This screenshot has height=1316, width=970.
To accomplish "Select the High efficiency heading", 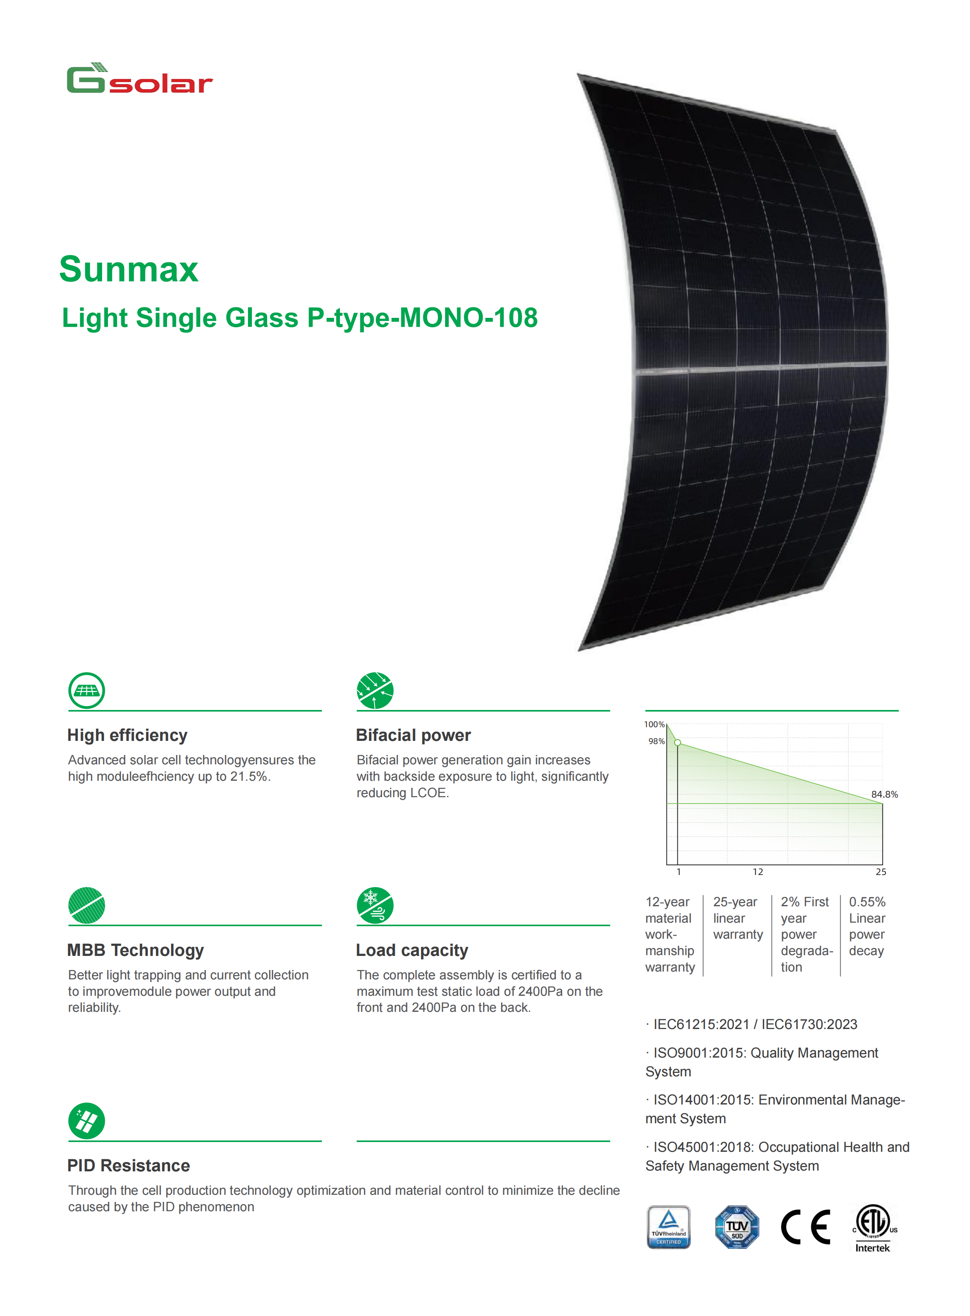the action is pyautogui.click(x=128, y=735).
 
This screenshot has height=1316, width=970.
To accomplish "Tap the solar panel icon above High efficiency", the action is pyautogui.click(x=87, y=690).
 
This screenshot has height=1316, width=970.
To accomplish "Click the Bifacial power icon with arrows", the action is pyautogui.click(x=375, y=690).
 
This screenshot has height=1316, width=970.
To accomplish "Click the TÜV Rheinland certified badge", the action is pyautogui.click(x=669, y=1227).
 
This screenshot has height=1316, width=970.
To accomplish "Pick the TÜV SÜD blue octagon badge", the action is pyautogui.click(x=737, y=1227).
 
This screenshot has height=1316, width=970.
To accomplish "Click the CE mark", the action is pyautogui.click(x=806, y=1227).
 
